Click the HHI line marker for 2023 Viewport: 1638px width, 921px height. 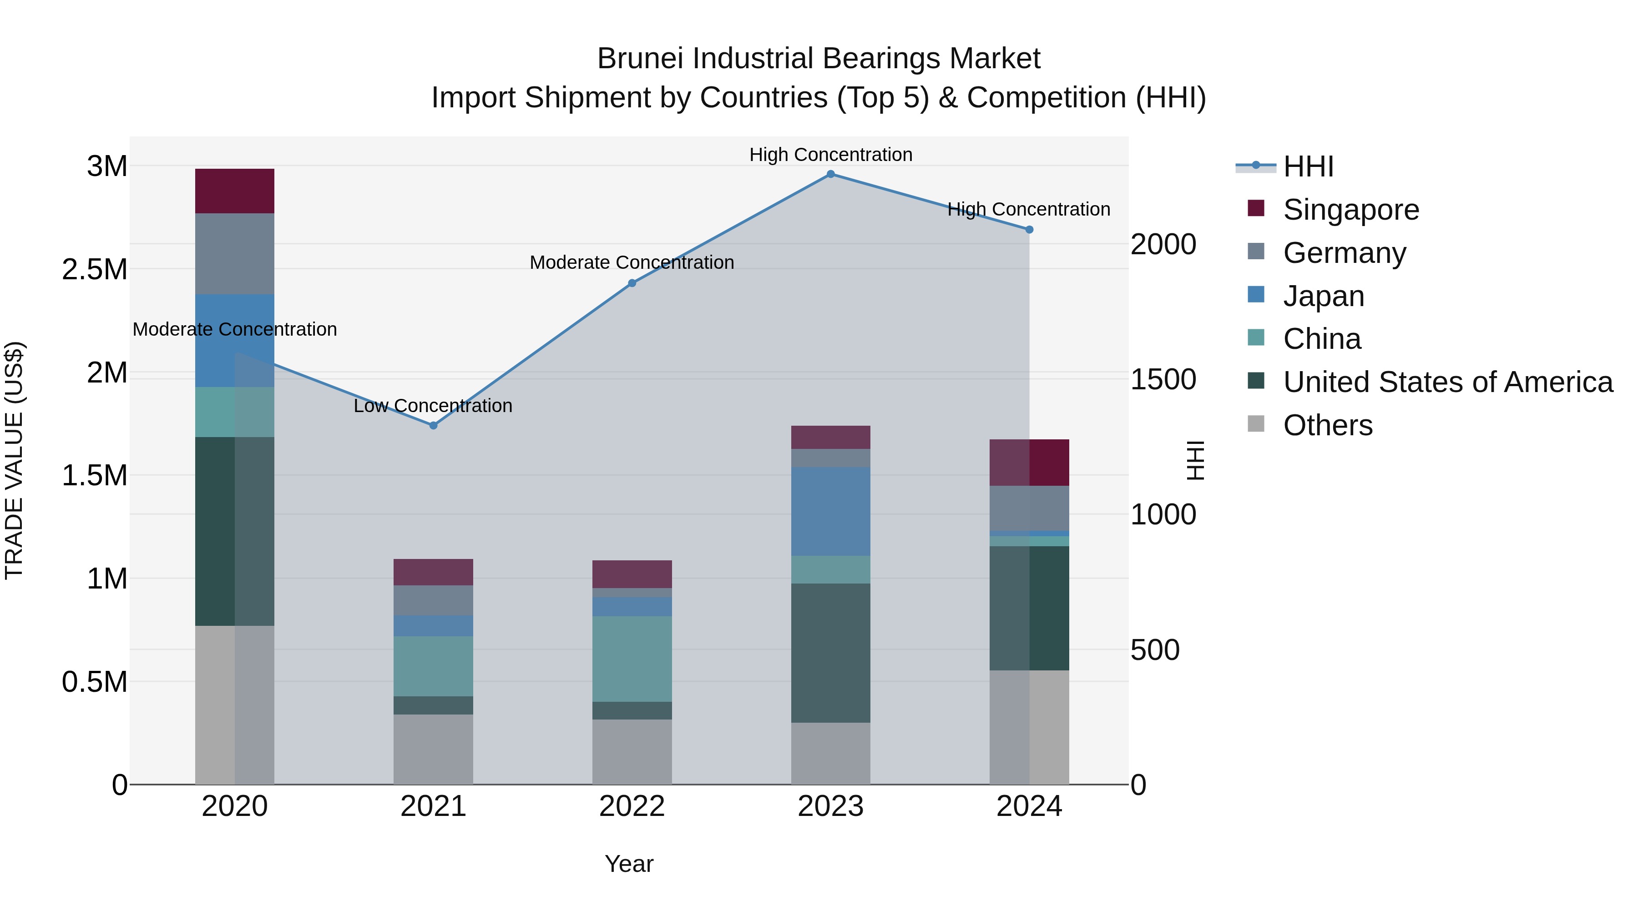tap(830, 174)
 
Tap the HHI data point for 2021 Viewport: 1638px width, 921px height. tap(433, 425)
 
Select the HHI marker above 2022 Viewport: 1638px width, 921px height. tap(632, 283)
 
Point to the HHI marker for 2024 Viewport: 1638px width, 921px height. tap(1030, 230)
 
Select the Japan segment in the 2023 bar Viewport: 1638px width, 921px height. tap(830, 511)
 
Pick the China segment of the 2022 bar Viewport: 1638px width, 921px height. tap(632, 659)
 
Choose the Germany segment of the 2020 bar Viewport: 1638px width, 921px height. tap(235, 254)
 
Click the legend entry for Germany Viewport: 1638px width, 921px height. tap(1344, 253)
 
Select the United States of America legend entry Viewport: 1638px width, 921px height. tap(1447, 382)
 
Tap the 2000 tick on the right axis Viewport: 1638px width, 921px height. tap(1163, 245)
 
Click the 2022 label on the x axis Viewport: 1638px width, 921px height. tap(632, 806)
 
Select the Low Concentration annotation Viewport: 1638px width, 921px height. tap(433, 406)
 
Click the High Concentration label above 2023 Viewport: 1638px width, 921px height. tap(830, 155)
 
